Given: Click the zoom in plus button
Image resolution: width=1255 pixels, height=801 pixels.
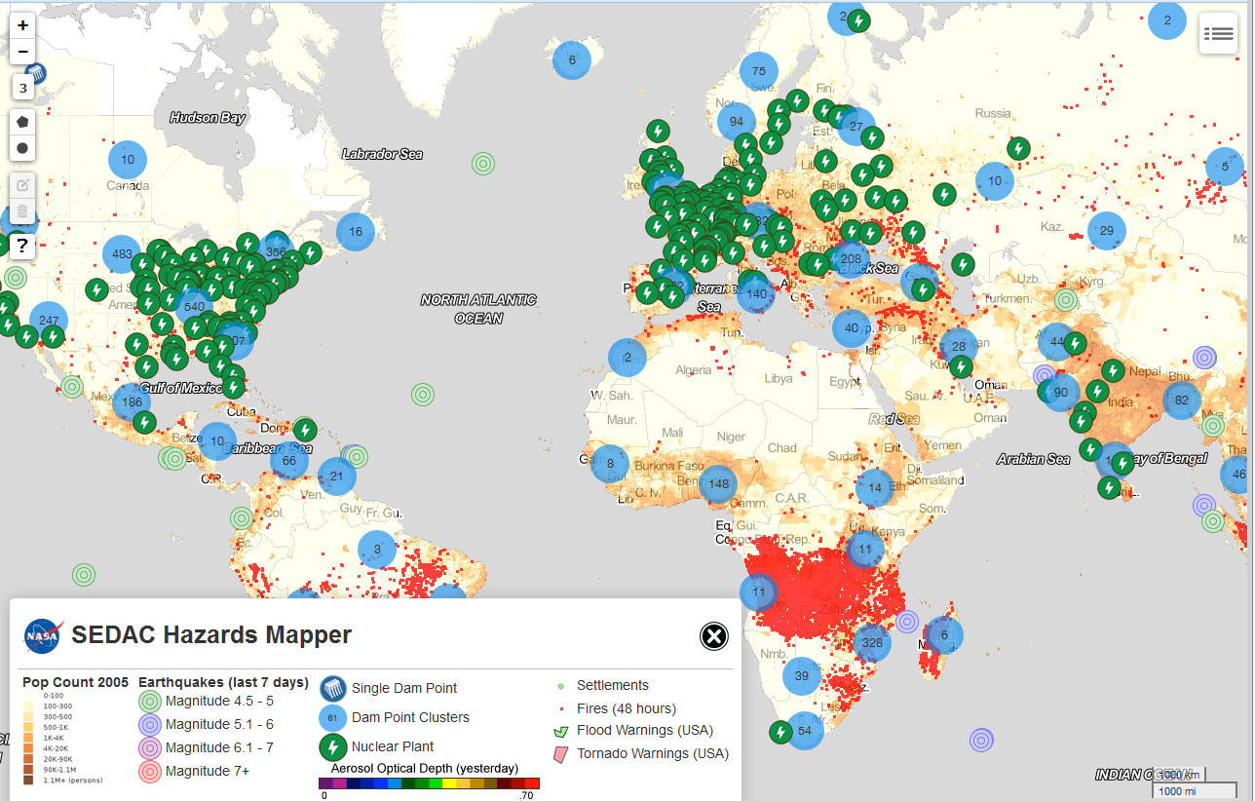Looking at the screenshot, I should tap(23, 25).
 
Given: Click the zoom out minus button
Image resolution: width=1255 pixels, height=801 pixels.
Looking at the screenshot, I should tap(23, 52).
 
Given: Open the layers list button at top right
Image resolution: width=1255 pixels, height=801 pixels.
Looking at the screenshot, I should tap(1217, 33).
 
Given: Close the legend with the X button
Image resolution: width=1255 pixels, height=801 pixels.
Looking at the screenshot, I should tap(714, 636).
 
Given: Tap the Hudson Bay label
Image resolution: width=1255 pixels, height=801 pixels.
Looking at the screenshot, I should tap(207, 118).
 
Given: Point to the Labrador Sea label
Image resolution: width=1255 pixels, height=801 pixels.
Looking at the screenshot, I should tap(382, 154).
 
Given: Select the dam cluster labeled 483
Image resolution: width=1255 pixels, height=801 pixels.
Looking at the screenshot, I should tap(122, 254).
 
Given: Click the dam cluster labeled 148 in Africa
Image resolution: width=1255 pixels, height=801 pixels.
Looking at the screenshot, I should tap(719, 484).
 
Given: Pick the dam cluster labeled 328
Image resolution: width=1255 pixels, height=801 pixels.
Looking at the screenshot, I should tap(872, 642).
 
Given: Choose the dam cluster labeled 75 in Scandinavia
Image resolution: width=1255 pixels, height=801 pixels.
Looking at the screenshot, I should tap(759, 71).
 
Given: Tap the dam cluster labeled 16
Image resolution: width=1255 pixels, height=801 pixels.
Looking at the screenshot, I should tap(356, 232).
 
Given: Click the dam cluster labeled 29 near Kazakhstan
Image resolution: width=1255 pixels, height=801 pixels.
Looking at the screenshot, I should tap(1106, 231).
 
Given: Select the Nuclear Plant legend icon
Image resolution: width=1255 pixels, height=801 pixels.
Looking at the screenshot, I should tap(333, 747).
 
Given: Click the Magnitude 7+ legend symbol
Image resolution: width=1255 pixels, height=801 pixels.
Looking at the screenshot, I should tap(150, 771).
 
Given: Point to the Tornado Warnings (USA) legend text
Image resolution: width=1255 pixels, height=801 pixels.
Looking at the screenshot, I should tap(652, 753).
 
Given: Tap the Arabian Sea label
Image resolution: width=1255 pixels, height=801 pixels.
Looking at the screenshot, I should tap(1033, 459).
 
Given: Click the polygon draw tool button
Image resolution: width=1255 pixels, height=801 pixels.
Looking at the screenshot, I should tap(23, 122).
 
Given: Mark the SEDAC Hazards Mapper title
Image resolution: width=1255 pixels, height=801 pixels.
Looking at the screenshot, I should tap(211, 636).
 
